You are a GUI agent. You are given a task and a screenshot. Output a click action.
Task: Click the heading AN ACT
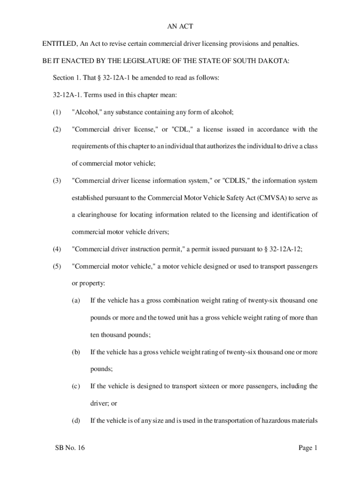pos(180,27)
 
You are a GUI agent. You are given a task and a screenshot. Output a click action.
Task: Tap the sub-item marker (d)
pos(76,421)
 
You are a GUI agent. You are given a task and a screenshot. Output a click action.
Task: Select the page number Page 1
pos(308,448)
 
